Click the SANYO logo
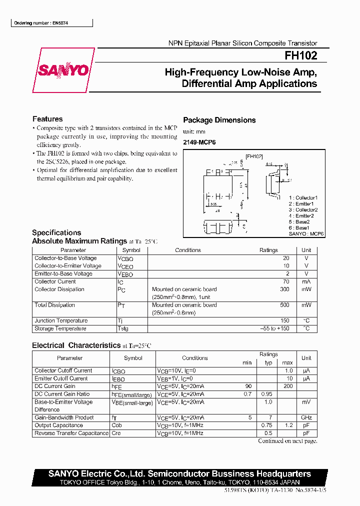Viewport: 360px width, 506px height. [x=63, y=70]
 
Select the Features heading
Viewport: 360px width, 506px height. [x=47, y=119]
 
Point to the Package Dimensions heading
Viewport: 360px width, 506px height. [x=219, y=120]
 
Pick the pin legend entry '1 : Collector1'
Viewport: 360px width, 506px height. [x=303, y=198]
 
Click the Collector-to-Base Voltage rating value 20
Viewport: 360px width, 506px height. [x=286, y=258]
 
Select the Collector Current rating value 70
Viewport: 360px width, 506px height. [x=286, y=282]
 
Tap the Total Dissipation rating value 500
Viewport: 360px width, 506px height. [x=284, y=305]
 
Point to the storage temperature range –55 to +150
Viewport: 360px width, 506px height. [x=274, y=328]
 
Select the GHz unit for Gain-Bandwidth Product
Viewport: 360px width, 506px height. [x=306, y=417]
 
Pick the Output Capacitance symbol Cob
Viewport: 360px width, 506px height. [x=117, y=425]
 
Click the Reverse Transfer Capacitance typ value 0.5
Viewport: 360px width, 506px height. [x=268, y=433]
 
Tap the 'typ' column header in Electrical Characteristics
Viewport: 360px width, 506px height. [x=268, y=362]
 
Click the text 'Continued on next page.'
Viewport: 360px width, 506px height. [x=287, y=441]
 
